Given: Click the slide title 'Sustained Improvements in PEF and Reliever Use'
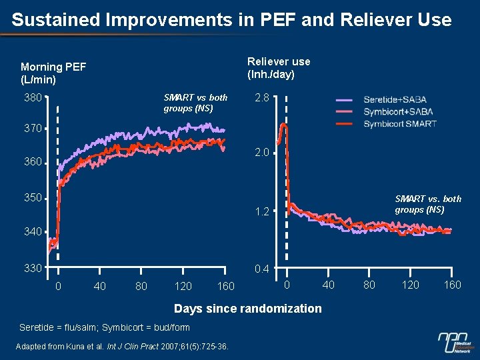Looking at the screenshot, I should tap(231, 20).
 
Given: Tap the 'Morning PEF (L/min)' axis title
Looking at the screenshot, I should tap(53, 73).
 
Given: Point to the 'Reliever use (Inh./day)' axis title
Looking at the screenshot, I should tap(279, 68).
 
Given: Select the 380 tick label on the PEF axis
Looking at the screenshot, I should tap(33, 98).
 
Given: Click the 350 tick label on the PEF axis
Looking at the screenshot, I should tap(33, 198).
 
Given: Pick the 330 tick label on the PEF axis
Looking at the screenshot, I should tap(33, 268).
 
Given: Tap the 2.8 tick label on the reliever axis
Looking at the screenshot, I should tap(261, 98).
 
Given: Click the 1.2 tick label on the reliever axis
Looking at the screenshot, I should tap(261, 212).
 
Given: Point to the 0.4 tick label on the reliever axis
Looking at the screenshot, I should tap(261, 269).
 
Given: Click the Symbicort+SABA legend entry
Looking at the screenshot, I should tap(398, 112).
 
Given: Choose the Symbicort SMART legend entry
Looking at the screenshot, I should tap(399, 123).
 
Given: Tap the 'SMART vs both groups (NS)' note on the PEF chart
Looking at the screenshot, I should tap(195, 103).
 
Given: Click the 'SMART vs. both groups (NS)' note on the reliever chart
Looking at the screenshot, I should tap(427, 204).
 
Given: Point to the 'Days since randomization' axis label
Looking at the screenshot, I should tap(247, 309).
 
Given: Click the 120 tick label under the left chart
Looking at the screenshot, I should tap(183, 287).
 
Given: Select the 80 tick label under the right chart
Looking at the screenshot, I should tap(369, 285).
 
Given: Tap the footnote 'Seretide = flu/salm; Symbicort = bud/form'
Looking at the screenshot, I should tap(105, 327).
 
